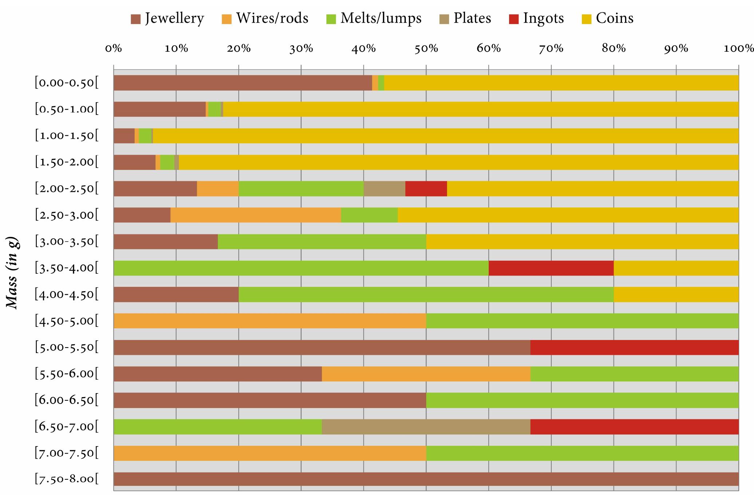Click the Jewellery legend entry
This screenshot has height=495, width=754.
[x=167, y=18]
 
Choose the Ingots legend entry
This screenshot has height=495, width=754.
[x=536, y=18]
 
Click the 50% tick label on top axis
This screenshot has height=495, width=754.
[x=426, y=48]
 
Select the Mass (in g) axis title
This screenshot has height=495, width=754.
[x=13, y=273]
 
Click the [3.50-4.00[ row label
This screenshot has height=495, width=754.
[x=67, y=268]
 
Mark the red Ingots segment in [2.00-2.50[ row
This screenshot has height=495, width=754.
[x=426, y=189]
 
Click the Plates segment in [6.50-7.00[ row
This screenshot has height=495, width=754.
[x=426, y=427]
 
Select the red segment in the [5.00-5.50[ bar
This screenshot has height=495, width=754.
[x=634, y=347]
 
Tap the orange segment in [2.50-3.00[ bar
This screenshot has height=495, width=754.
[x=255, y=215]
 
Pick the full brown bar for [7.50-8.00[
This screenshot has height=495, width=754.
[x=426, y=479]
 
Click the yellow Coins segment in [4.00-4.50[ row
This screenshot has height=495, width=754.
[x=676, y=294]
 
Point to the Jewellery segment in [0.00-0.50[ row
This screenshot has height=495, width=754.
[x=242, y=83]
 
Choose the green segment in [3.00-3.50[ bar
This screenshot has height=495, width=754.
[x=322, y=242]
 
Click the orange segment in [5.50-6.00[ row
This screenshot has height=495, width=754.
[x=426, y=374]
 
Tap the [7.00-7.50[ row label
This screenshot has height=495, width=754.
[x=67, y=454]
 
